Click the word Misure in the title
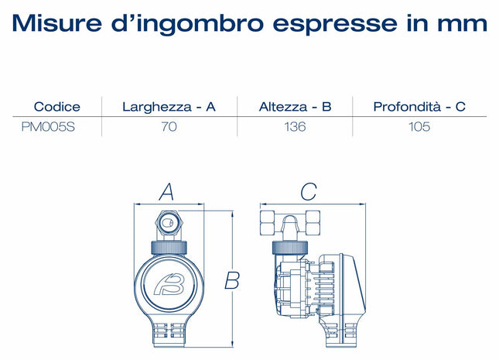click(x=57, y=23)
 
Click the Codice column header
click(x=57, y=107)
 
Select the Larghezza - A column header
click(x=169, y=107)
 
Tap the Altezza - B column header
click(x=295, y=107)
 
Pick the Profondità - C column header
click(x=419, y=107)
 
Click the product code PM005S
click(x=48, y=127)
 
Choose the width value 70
click(x=169, y=127)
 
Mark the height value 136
click(x=295, y=127)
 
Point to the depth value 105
click(x=419, y=127)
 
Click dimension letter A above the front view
click(x=166, y=192)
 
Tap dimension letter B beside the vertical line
click(x=232, y=280)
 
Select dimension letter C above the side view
click(x=309, y=191)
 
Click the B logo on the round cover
click(x=169, y=283)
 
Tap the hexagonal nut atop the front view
click(x=169, y=223)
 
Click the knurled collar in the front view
click(x=169, y=248)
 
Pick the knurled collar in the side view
click(x=290, y=248)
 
